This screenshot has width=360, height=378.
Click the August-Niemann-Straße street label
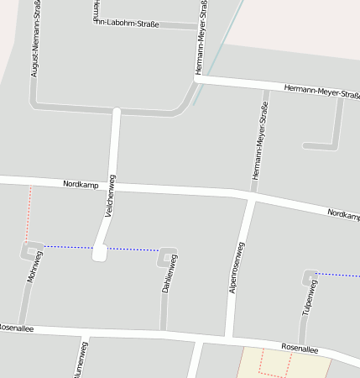tap(36, 42)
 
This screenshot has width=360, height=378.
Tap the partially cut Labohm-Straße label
tap(127, 23)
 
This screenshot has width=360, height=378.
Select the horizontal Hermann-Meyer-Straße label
tap(322, 89)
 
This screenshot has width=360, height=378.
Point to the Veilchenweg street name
tap(110, 196)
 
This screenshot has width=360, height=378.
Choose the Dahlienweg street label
tap(169, 274)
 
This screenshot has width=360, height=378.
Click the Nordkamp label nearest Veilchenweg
tap(81, 184)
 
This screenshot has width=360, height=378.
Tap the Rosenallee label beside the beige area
tap(300, 347)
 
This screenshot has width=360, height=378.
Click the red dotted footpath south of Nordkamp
tap(29, 210)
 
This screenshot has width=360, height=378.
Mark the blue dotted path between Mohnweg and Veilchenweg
tap(67, 247)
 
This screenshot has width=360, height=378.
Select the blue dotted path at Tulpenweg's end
tap(339, 274)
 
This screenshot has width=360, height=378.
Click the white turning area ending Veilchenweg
tap(100, 252)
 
